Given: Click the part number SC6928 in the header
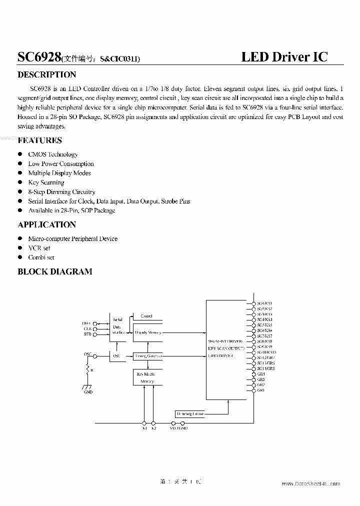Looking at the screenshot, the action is click(x=39, y=57).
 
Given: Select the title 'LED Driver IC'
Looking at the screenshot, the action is click(x=284, y=56).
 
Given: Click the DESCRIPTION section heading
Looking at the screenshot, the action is click(x=47, y=75).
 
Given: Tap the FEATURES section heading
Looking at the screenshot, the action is click(x=40, y=140).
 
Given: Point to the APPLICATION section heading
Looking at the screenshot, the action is click(x=47, y=224).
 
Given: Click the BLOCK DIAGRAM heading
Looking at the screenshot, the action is click(x=55, y=271).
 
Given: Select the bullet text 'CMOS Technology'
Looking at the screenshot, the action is click(x=53, y=154).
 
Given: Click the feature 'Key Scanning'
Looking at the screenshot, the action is click(x=46, y=182).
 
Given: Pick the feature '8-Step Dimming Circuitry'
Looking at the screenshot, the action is click(x=61, y=192).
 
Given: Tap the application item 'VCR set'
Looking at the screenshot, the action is click(x=39, y=248).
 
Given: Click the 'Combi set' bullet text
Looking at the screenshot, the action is click(x=41, y=257).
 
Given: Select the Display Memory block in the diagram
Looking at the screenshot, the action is click(x=148, y=332).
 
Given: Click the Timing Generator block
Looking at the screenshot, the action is click(x=148, y=356).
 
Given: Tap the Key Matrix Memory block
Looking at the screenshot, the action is click(x=146, y=377).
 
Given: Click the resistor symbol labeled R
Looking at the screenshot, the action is click(x=88, y=370).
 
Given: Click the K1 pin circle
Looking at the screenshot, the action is click(x=144, y=422).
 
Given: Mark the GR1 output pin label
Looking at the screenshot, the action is click(x=261, y=390).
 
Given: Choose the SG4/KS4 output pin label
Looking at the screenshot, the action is click(x=264, y=319).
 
